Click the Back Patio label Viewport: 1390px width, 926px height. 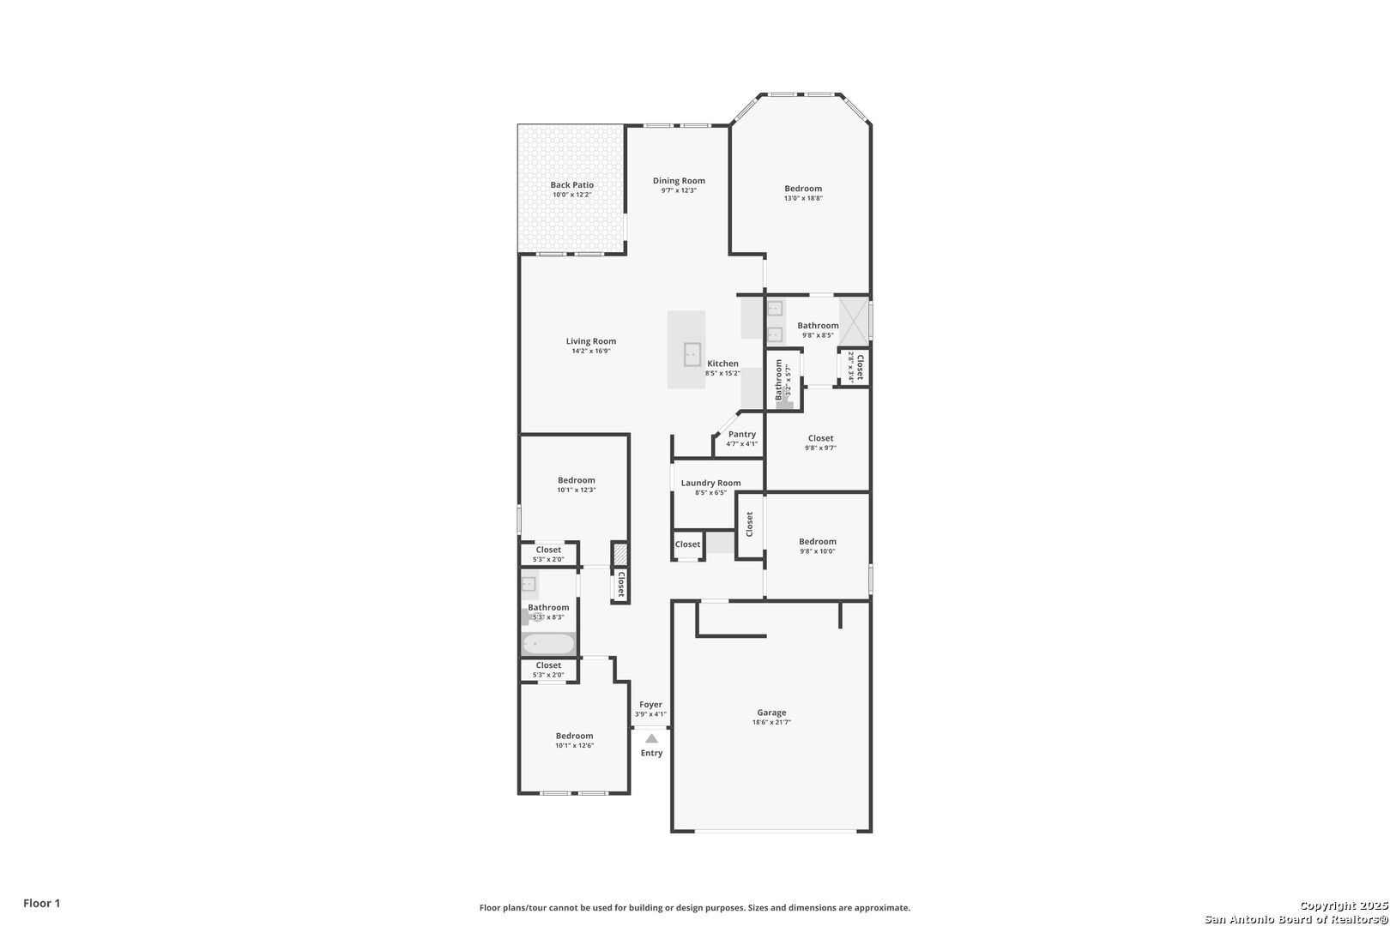coord(571,185)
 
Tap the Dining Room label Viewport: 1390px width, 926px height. coord(678,181)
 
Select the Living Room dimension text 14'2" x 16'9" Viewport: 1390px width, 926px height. coord(590,351)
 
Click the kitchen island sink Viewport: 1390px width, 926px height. coord(692,354)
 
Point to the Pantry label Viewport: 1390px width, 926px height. coord(741,434)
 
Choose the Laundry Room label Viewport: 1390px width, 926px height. coord(710,483)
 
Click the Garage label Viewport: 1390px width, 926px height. coord(771,713)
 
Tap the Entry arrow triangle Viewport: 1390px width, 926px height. coord(651,739)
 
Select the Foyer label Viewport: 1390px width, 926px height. coord(650,705)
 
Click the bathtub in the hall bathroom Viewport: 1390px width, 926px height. coord(548,644)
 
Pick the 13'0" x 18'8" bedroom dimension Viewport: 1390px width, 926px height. coord(803,198)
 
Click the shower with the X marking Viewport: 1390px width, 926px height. coord(854,321)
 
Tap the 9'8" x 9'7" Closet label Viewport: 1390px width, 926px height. coord(820,438)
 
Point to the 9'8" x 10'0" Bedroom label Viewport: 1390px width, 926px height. coord(817,542)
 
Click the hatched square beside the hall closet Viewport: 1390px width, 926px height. coord(619,554)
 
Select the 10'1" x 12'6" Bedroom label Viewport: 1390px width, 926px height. coord(574,737)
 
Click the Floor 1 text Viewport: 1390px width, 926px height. coord(41,903)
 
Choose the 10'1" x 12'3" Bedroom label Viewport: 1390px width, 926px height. coord(576,480)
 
